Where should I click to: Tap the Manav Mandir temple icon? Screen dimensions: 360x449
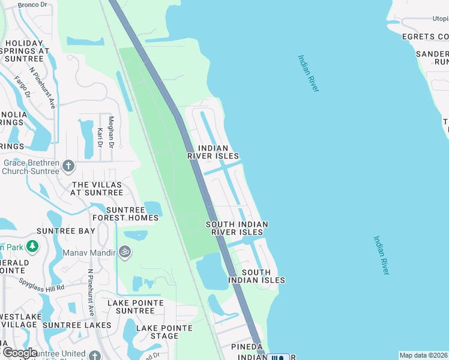point(124,251)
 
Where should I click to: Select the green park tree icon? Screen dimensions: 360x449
point(31,246)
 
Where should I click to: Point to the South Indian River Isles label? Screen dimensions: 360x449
point(237,228)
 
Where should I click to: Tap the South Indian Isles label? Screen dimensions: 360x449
point(256,276)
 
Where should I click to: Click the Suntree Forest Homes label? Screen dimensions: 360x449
point(132,214)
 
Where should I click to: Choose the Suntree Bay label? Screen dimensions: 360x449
point(65,231)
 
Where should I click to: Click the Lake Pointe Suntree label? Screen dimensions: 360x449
point(131,307)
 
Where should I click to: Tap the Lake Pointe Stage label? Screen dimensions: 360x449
point(164,332)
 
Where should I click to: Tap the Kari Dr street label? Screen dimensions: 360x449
point(100,139)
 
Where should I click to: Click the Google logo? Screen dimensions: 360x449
point(19,353)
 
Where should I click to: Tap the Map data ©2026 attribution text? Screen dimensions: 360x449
point(423,355)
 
